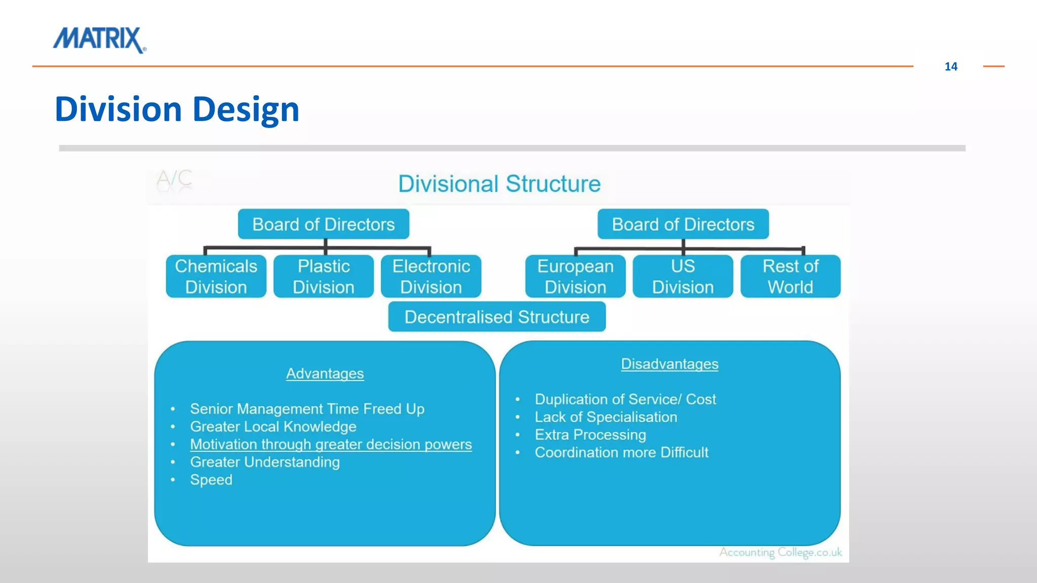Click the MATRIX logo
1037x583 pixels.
pyautogui.click(x=100, y=39)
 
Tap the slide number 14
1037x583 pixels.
pyautogui.click(x=950, y=67)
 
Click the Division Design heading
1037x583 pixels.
pyautogui.click(x=177, y=109)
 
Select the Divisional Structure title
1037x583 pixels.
pyautogui.click(x=499, y=184)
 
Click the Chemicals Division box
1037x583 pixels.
pyautogui.click(x=216, y=276)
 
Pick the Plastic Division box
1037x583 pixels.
pyautogui.click(x=324, y=276)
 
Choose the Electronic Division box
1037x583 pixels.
pyautogui.click(x=431, y=276)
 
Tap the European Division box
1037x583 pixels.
pyautogui.click(x=575, y=276)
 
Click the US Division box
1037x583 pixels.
pyautogui.click(x=683, y=276)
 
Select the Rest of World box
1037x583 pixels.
pyautogui.click(x=790, y=276)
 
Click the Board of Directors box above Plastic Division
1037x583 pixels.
pyautogui.click(x=324, y=224)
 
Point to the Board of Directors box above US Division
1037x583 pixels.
pyautogui.click(x=683, y=224)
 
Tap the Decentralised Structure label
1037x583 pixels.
pyautogui.click(x=497, y=317)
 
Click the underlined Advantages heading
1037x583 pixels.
pyautogui.click(x=325, y=373)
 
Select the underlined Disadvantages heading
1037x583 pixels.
pyautogui.click(x=669, y=364)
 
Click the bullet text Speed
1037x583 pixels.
pyautogui.click(x=211, y=480)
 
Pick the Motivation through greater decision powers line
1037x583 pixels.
pyautogui.click(x=331, y=444)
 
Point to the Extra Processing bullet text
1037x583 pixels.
pyautogui.click(x=590, y=435)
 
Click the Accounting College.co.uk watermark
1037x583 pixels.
pyautogui.click(x=780, y=552)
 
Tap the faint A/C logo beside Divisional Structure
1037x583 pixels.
pyautogui.click(x=174, y=179)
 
